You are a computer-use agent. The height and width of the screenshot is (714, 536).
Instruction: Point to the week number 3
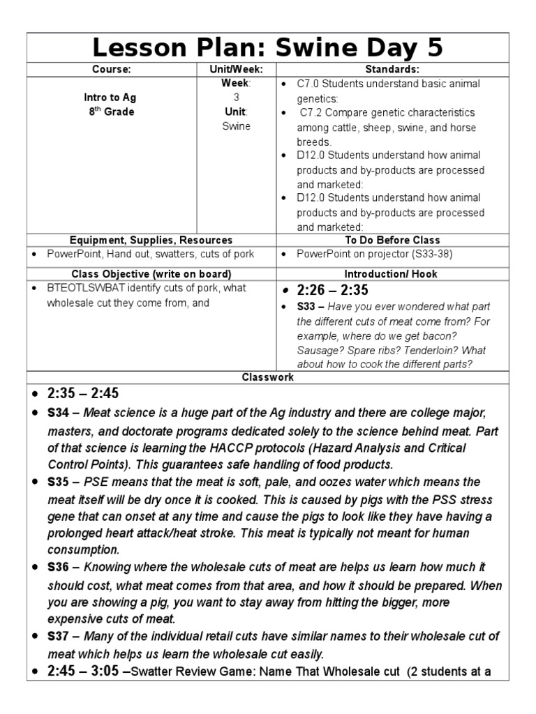[x=235, y=98]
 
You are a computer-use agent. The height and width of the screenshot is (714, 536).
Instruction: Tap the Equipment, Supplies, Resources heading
[x=151, y=240]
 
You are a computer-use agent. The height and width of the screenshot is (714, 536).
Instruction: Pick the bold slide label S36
[x=58, y=568]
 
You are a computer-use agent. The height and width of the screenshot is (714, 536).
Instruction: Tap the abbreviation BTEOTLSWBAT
[x=83, y=288]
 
